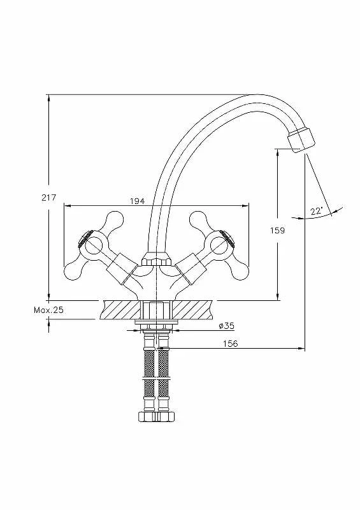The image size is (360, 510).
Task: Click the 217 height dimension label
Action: (49, 198)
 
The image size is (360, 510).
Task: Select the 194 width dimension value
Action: (137, 201)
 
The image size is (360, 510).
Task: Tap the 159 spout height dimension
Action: (277, 231)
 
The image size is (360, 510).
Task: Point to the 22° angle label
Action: (316, 211)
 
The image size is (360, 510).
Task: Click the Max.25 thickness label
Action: (49, 310)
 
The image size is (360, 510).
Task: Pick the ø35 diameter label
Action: (226, 326)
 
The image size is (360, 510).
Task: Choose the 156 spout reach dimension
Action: (230, 344)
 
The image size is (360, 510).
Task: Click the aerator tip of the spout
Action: (301, 140)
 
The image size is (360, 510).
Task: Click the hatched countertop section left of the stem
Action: (122, 310)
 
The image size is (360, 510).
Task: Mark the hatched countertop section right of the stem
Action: (192, 310)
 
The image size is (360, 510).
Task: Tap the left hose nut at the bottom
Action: (147, 417)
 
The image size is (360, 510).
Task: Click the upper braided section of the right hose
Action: (163, 361)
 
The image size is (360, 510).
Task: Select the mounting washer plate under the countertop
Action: (156, 322)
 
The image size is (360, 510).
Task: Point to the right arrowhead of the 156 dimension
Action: (301, 349)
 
